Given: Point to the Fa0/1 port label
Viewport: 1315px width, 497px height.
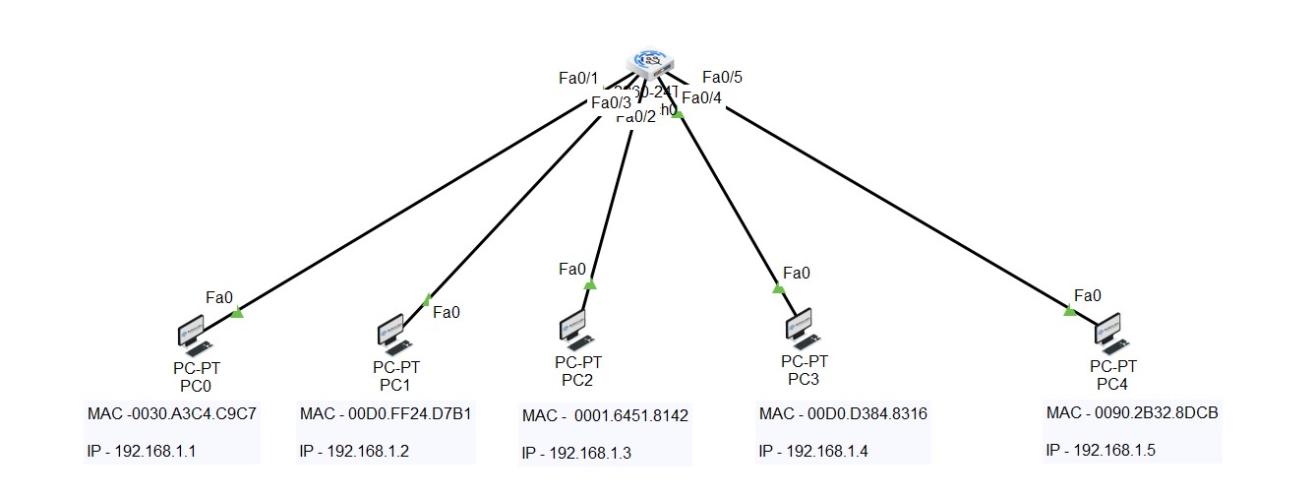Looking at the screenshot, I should click(x=577, y=79).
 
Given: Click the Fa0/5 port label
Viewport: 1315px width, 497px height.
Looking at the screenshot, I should click(x=722, y=78).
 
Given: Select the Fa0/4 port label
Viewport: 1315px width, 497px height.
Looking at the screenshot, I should click(x=701, y=97).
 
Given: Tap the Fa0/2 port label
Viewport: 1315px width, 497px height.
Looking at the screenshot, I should click(x=635, y=117).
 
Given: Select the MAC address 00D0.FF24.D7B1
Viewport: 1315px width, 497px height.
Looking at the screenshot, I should click(x=385, y=413).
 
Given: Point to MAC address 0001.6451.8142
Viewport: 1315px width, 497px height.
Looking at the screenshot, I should click(x=605, y=416).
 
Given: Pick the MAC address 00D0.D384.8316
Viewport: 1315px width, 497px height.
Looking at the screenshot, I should click(x=843, y=413).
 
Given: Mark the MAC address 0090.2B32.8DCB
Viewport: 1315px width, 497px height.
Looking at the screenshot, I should click(x=1132, y=412).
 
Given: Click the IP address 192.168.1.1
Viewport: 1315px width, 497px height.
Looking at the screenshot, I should click(x=142, y=451).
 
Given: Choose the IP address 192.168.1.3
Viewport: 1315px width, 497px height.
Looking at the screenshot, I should click(x=576, y=453).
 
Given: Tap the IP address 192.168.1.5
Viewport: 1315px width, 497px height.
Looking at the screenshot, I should click(x=1101, y=450).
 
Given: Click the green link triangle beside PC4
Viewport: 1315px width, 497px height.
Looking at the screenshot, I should click(x=1070, y=311).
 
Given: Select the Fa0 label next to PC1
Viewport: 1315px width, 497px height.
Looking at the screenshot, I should click(x=447, y=312).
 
